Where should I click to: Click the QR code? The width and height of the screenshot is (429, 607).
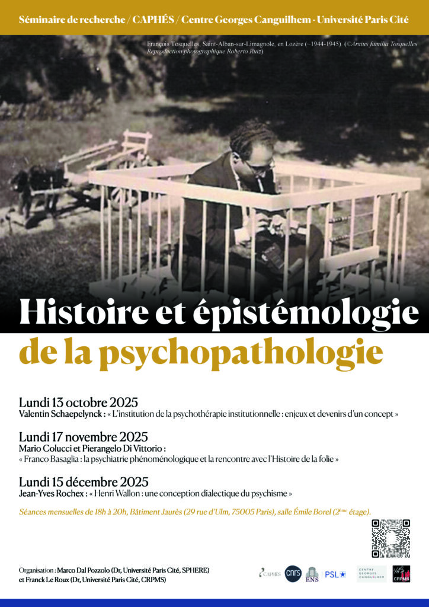point(390,539)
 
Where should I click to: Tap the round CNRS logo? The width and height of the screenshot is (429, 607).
point(293,573)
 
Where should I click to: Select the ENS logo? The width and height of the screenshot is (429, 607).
point(312,573)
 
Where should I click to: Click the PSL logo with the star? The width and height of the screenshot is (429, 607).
point(335,574)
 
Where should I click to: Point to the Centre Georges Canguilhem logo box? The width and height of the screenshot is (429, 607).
point(372,573)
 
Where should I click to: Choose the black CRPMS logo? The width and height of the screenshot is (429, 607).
point(401,573)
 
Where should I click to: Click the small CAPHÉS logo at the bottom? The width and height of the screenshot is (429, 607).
point(269,573)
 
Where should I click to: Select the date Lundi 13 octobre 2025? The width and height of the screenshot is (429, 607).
point(78,402)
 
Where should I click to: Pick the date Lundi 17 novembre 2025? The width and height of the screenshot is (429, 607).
point(84,438)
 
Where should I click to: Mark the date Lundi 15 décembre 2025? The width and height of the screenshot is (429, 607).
point(84,481)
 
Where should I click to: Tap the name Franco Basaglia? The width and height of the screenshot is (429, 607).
point(56,459)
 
